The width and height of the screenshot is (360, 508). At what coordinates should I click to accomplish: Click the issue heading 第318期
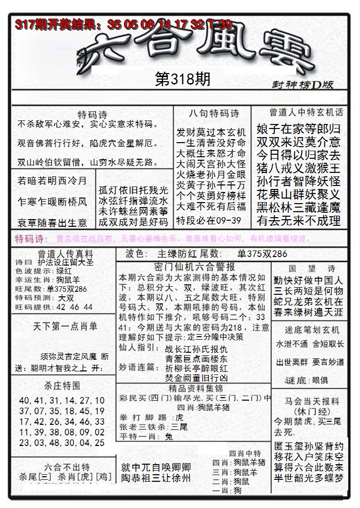[182, 80]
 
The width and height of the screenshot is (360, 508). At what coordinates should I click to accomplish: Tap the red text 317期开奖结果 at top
[55, 24]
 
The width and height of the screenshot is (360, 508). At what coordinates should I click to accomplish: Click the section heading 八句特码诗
[213, 113]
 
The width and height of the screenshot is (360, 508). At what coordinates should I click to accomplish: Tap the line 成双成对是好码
[134, 222]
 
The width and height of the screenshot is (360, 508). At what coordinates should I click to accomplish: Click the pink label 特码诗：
[31, 238]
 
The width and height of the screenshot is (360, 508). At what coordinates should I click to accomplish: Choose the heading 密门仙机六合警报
[194, 267]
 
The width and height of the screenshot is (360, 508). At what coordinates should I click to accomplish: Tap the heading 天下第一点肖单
[65, 326]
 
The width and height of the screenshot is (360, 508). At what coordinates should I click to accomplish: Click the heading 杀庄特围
[62, 386]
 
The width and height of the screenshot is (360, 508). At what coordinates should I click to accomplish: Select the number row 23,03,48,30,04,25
[62, 443]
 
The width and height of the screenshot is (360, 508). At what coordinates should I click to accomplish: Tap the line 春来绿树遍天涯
[308, 313]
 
